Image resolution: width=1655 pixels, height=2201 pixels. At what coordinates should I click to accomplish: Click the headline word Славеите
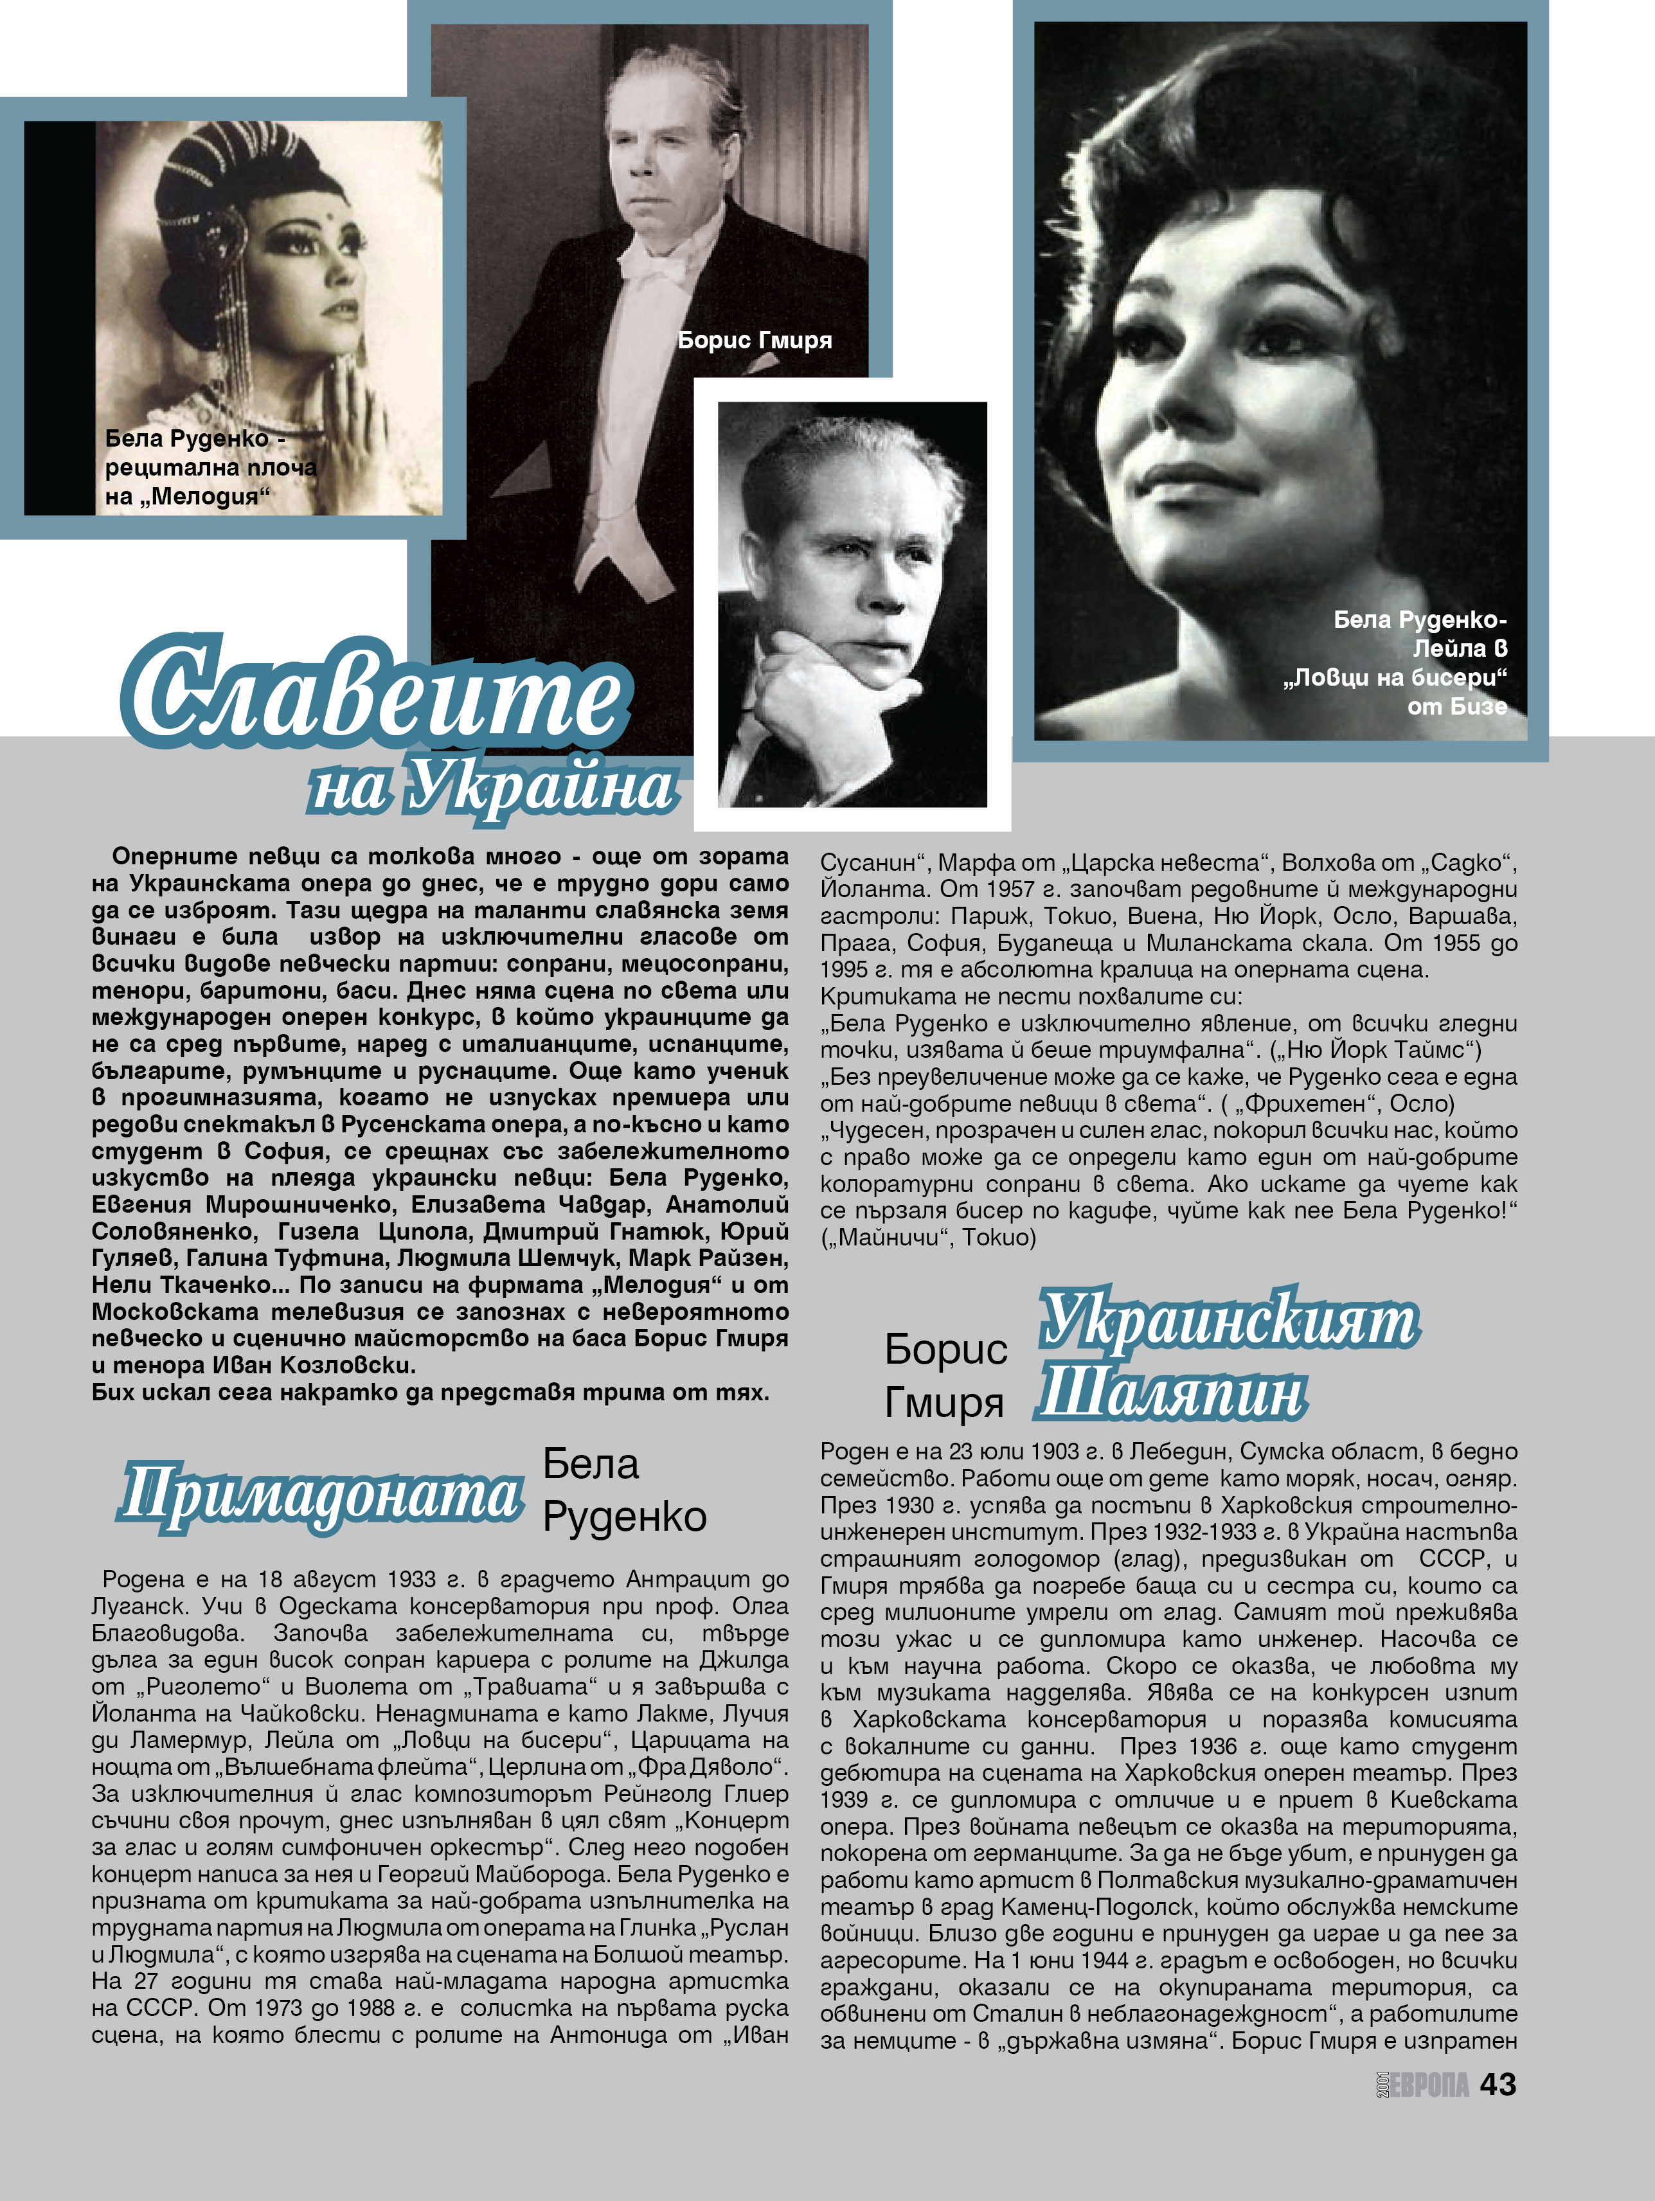click(376, 691)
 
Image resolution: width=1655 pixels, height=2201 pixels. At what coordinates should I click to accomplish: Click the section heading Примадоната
click(321, 1495)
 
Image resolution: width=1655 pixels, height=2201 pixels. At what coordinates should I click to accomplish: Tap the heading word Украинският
click(1229, 1321)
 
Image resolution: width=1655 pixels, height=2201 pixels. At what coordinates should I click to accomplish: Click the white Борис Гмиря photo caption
click(755, 341)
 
